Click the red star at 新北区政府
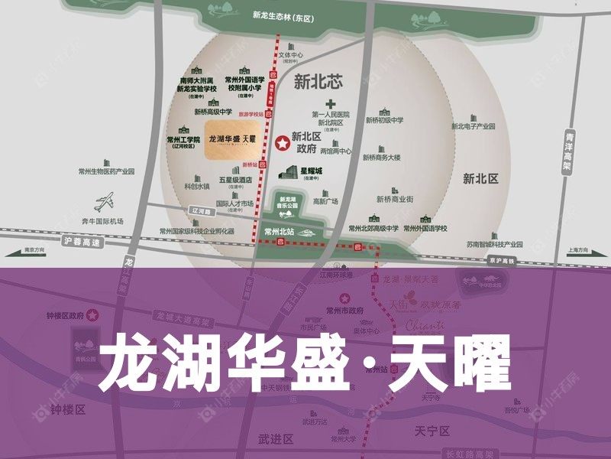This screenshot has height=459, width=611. [x=282, y=142]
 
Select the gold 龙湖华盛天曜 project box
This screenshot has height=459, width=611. [x=234, y=139]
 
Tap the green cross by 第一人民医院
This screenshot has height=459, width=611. [x=331, y=103]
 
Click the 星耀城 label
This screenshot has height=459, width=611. [x=312, y=169]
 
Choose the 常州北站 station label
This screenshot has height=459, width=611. [x=275, y=229]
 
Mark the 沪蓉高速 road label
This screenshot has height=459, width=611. [x=83, y=242]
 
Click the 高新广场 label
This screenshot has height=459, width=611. [x=325, y=202]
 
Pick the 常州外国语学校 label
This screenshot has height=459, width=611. [x=425, y=228]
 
